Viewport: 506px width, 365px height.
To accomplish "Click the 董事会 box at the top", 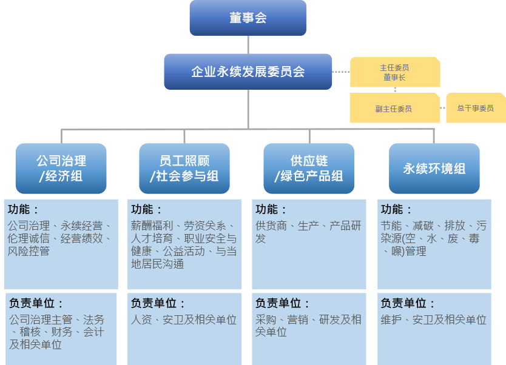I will pos(248,18).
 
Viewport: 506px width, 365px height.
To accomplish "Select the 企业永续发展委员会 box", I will pos(248,72).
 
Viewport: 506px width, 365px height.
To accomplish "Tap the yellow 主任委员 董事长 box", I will pos(394,72).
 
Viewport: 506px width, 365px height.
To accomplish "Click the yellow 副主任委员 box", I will pos(394,109).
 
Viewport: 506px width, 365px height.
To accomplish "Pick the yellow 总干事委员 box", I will pos(475,108).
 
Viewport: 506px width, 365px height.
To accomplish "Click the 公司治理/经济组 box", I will pos(61,169).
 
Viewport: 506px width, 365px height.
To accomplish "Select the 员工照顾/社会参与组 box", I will pos(184,169).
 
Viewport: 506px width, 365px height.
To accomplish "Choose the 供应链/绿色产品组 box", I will pos(309,169).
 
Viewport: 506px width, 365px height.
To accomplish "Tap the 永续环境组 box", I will pos(434,169).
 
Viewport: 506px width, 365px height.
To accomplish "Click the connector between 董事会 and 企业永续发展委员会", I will pos(248,45).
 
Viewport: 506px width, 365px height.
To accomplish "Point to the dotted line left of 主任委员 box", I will pos(341,72).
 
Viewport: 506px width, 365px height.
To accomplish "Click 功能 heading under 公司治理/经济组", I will pos(24,210).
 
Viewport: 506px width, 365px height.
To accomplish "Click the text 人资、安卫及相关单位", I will pos(184,320).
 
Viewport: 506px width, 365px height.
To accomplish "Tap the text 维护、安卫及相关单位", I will pos(433,320).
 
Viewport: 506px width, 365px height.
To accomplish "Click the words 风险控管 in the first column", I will pos(29,251).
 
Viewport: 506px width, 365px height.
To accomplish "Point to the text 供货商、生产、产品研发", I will pos(308,232).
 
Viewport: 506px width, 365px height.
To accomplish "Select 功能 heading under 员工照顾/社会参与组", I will pos(147,210).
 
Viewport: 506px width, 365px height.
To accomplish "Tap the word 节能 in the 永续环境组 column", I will pos(391,226).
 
